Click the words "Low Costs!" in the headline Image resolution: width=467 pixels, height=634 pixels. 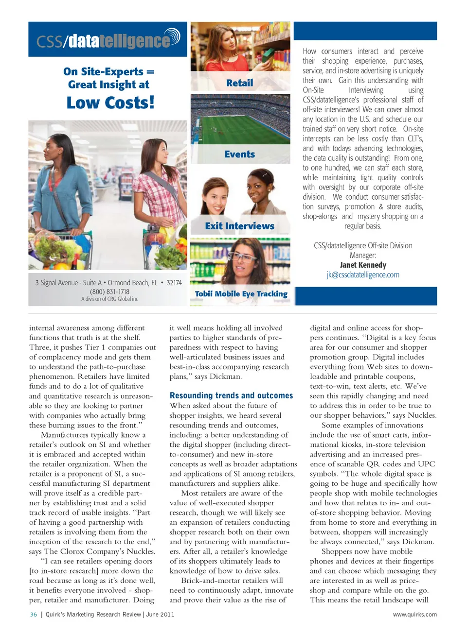[x=110, y=103]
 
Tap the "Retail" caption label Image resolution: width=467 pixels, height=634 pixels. [x=239, y=83]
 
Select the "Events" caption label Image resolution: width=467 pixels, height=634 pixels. [x=239, y=154]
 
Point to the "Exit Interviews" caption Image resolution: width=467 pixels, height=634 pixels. [x=239, y=226]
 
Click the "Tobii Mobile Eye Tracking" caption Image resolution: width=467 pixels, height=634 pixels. [x=241, y=294]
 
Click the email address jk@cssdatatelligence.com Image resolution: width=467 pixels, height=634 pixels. [x=362, y=274]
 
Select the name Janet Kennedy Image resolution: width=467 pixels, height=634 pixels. [x=363, y=265]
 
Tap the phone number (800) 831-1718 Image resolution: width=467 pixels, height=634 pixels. [x=109, y=291]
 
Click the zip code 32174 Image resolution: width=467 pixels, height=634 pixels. [x=174, y=283]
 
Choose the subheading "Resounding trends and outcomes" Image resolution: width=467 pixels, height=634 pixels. [x=231, y=395]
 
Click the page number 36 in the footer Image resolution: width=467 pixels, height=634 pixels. [x=34, y=614]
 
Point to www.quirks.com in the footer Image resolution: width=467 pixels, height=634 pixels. [x=414, y=614]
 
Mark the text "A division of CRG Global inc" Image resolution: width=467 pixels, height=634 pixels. [x=109, y=299]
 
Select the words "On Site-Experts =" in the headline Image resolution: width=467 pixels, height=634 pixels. [x=108, y=72]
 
